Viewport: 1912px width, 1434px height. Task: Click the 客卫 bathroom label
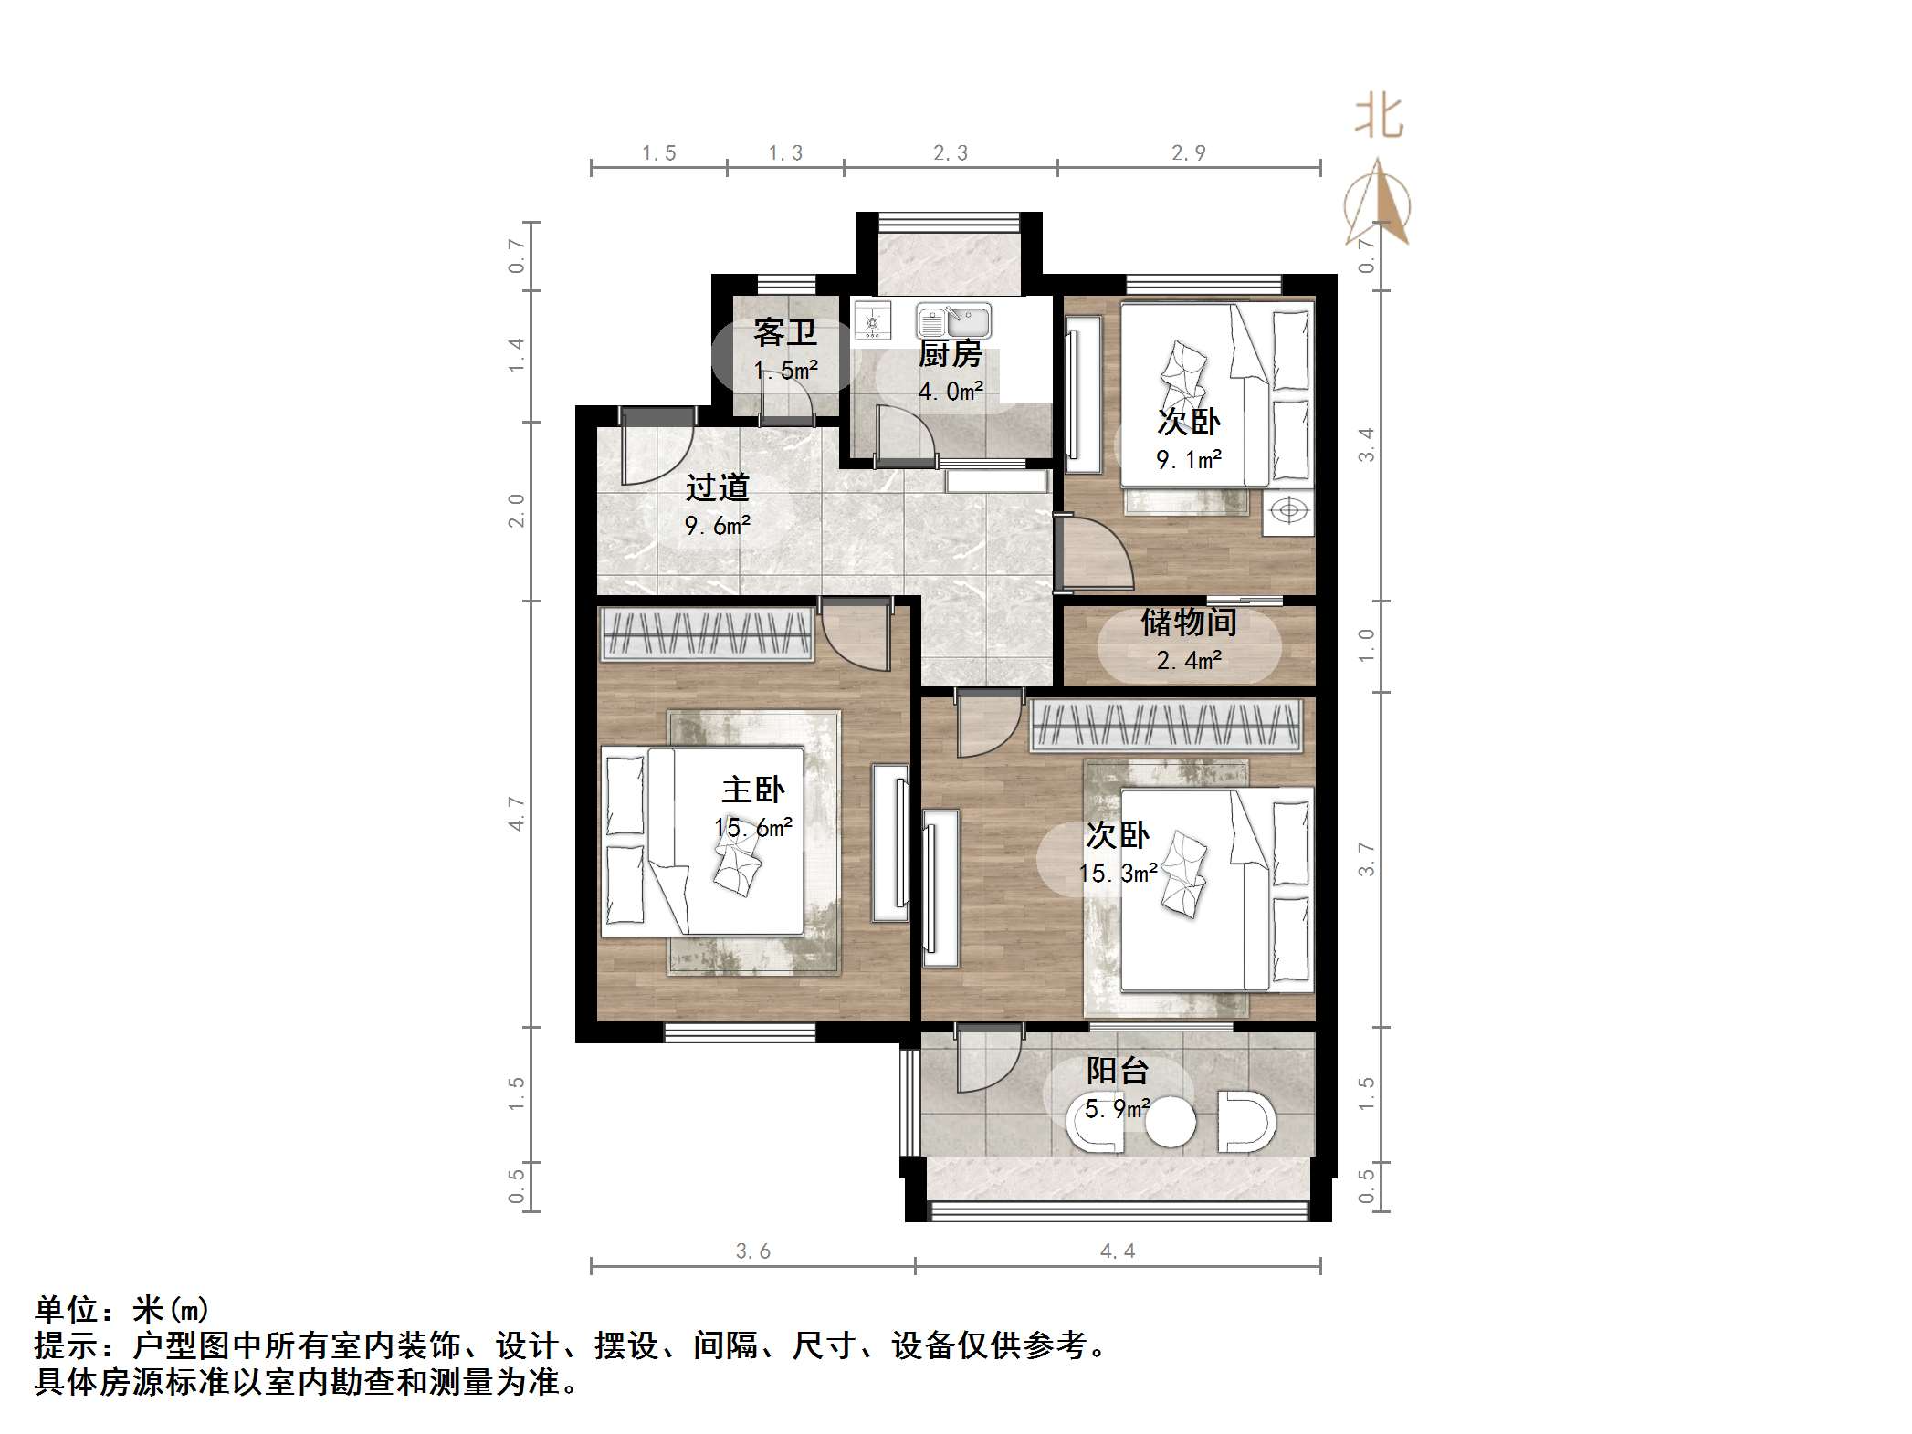tap(784, 332)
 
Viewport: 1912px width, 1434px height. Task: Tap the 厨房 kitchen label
tap(950, 353)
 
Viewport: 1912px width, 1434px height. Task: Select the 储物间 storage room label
tap(1189, 623)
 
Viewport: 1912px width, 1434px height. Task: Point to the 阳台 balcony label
tap(1117, 1070)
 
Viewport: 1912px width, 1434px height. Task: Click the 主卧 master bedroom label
tap(752, 790)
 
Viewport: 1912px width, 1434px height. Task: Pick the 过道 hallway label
tap(717, 487)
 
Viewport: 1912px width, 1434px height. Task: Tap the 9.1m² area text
tap(1189, 460)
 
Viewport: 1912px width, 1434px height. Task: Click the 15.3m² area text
tap(1118, 874)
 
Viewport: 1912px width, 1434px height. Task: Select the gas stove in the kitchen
tap(872, 320)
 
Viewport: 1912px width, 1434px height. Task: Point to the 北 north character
tap(1379, 118)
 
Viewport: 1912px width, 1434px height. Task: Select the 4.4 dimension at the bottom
tap(1117, 1251)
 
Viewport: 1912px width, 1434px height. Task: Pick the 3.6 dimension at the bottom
tap(753, 1251)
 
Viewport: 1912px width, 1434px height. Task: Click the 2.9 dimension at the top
tap(1189, 153)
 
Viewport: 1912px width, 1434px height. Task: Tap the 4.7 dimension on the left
tap(517, 813)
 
